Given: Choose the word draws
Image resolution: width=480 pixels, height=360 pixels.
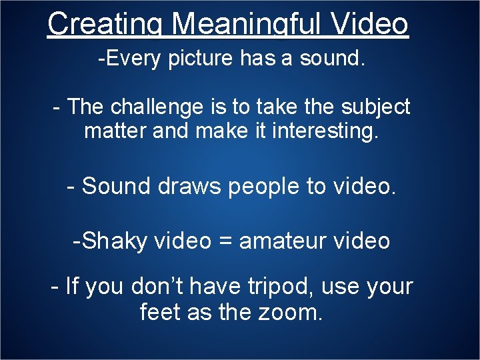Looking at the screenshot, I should tap(190, 186).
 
